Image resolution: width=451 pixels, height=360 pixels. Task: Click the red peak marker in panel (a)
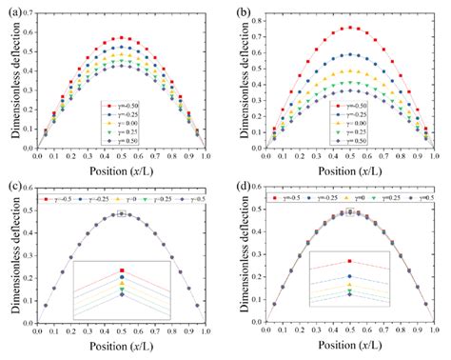tap(120, 38)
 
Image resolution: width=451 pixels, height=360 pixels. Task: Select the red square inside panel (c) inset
tap(122, 270)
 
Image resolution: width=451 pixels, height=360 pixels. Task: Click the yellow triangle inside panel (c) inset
tap(122, 285)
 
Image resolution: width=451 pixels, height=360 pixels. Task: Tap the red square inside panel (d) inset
tap(349, 261)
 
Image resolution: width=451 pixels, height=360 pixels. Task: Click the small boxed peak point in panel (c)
tap(122, 214)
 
